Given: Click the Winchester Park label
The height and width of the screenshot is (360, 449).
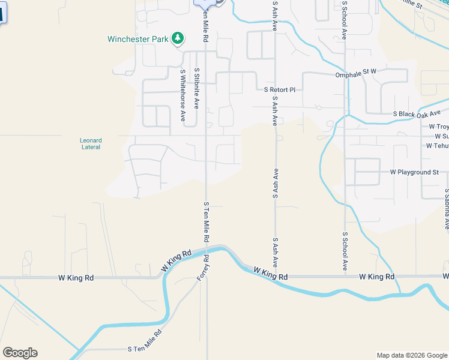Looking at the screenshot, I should click(137, 40).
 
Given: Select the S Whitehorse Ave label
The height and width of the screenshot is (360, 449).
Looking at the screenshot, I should click(183, 95).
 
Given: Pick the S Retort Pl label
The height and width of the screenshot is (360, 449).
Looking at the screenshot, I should click(280, 90).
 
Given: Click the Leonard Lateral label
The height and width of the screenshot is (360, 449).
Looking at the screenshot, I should click(91, 143).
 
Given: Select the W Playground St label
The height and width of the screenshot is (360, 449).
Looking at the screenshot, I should click(414, 172).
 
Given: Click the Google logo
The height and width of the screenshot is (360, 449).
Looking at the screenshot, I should click(20, 353).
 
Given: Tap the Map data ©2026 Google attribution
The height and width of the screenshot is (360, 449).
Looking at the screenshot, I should click(412, 355).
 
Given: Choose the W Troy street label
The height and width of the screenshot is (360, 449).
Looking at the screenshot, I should click(438, 127).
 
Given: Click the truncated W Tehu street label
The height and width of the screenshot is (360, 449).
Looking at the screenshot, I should click(437, 146).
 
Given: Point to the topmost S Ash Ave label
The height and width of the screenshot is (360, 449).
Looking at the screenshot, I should click(274, 16).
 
